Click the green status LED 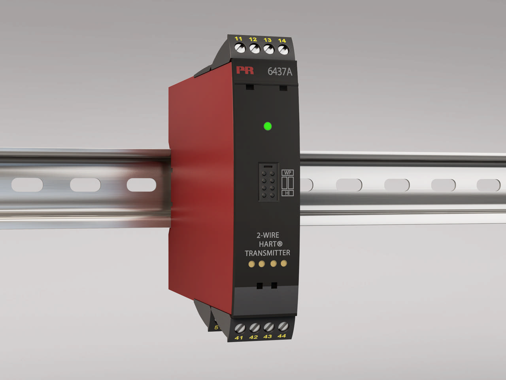point(268,127)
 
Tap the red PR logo point(245,70)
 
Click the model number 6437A point(280,72)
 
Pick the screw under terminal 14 point(283,50)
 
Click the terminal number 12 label point(253,39)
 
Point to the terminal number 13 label point(268,40)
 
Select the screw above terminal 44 point(282,327)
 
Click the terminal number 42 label point(253,337)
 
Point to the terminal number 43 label point(268,336)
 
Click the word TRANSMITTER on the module point(267,253)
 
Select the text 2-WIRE point(268,235)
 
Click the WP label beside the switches point(287,173)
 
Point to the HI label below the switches point(287,193)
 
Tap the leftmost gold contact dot point(251,264)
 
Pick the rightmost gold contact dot point(283,263)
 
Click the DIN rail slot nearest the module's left point(142,185)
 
